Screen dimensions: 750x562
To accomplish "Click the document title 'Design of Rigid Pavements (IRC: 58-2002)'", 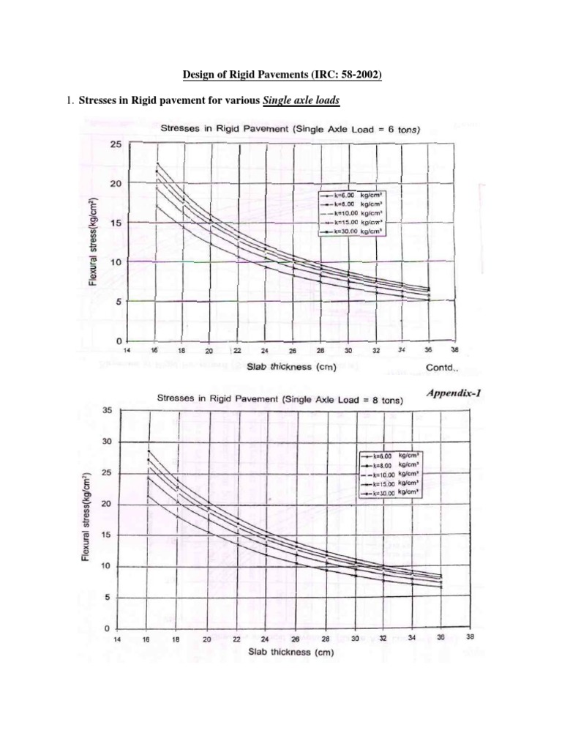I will tap(281, 75).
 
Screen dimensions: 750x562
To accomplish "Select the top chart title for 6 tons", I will tap(290, 129).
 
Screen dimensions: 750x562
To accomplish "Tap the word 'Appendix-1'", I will tap(454, 393).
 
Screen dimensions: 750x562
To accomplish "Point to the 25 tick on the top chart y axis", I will tap(116, 145).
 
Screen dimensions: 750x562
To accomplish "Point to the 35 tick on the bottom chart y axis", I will tap(106, 412).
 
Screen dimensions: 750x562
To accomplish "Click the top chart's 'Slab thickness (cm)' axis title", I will tap(291, 368).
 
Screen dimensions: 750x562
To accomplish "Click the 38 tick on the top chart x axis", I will tap(454, 351).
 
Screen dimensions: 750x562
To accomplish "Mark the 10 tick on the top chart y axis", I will tap(116, 262).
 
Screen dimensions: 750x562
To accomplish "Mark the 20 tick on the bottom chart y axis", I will tap(106, 504).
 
